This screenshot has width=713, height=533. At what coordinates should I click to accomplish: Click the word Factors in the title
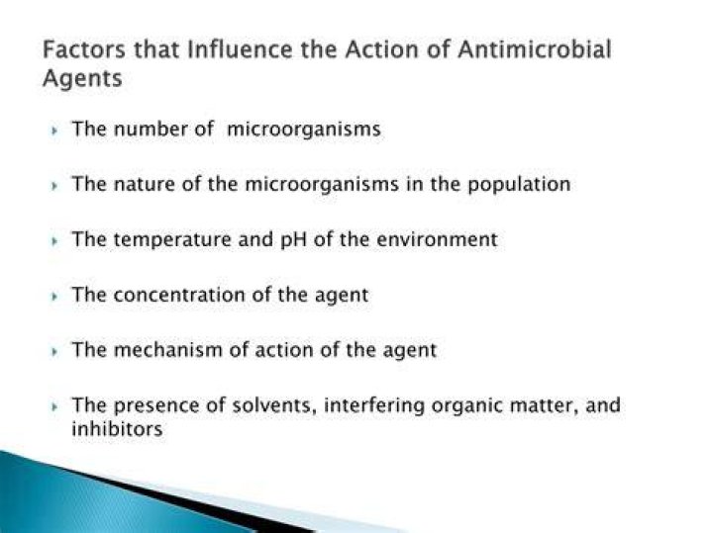coord(83,49)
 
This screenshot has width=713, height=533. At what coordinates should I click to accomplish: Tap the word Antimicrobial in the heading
coord(535,49)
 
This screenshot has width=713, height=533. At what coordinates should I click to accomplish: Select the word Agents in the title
coord(82,78)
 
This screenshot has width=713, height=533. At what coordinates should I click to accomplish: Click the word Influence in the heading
coord(240,49)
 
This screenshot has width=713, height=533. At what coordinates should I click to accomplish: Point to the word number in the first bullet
coord(151,129)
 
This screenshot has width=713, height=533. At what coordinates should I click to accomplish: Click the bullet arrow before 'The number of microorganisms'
coord(54,131)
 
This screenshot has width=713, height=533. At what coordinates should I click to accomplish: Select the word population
coord(519,185)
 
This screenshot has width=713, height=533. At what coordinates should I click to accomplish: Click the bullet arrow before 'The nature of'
coord(54,186)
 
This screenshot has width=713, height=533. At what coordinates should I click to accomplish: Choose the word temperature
coord(172,239)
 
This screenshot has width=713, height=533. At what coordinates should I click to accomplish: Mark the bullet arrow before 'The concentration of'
coord(54,297)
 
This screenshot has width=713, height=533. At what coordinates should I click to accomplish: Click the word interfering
coord(374,405)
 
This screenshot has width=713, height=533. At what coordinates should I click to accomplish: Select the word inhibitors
coord(117,428)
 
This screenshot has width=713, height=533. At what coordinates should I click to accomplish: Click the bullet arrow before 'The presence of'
coord(54,407)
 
